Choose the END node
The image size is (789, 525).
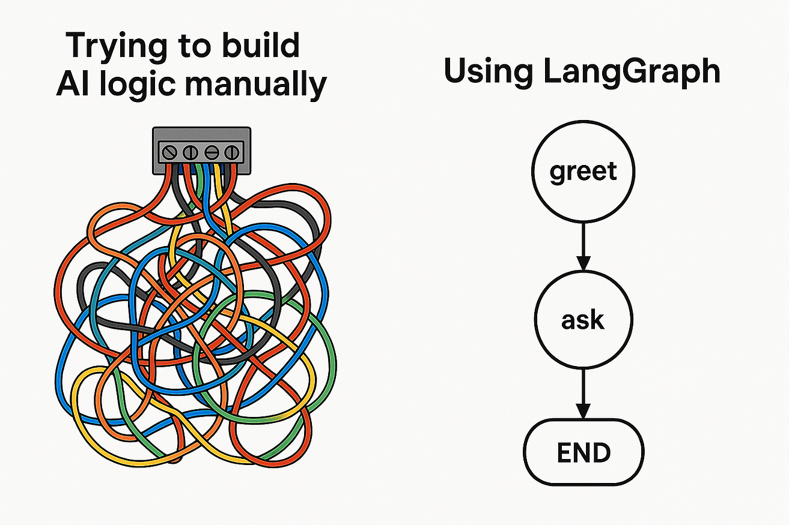583,452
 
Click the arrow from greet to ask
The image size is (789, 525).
583,247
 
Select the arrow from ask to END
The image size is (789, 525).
583,394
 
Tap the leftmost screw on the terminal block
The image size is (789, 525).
169,153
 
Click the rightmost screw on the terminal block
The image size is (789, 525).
232,153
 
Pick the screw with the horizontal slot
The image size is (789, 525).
212,153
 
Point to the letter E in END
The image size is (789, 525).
564,452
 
